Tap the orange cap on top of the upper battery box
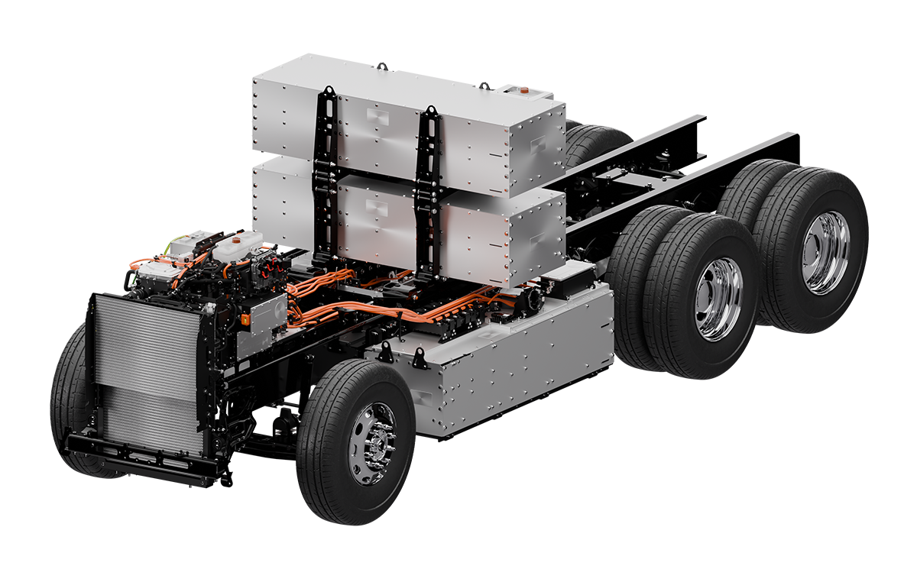pyautogui.click(x=523, y=89)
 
